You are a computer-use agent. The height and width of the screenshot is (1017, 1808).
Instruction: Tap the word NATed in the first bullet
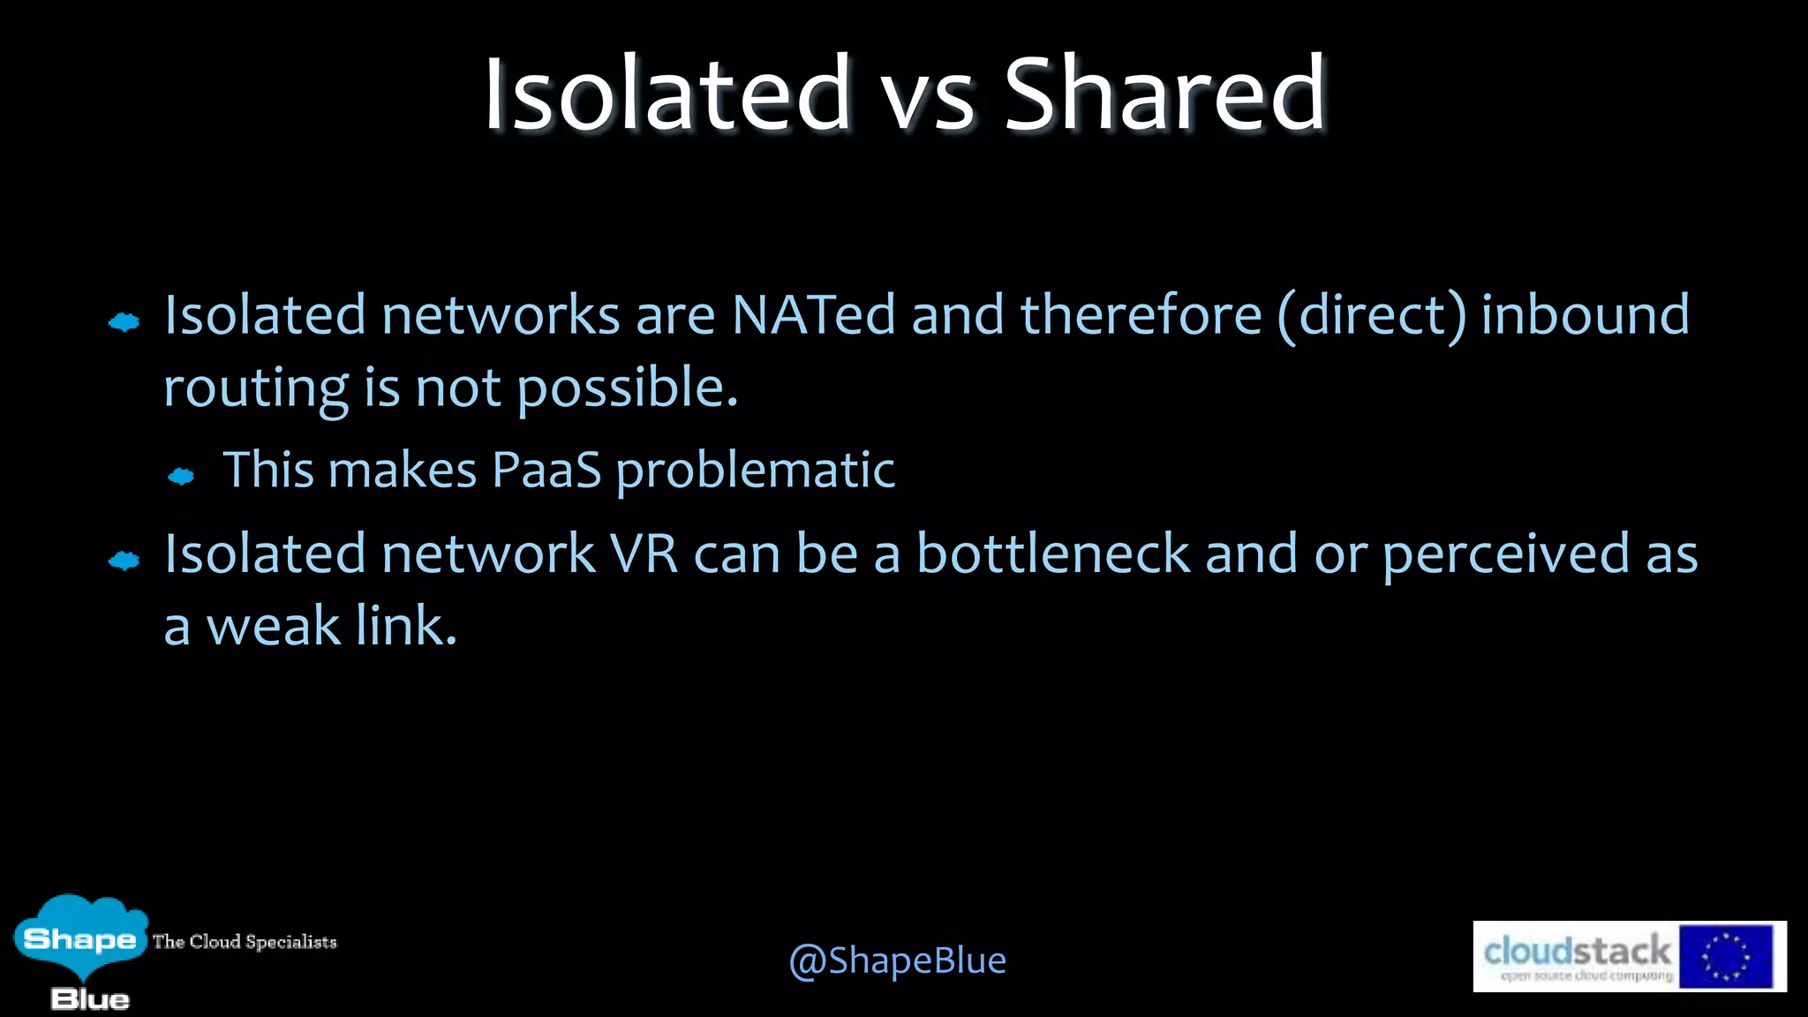tap(813, 315)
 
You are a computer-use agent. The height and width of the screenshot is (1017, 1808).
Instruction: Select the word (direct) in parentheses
tap(1372, 315)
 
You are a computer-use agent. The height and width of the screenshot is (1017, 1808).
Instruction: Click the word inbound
tap(1585, 315)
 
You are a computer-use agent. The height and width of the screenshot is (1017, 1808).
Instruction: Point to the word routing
tap(256, 388)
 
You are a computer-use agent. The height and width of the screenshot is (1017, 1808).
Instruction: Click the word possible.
tap(627, 388)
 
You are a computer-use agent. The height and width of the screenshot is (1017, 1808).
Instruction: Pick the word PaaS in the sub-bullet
tap(546, 470)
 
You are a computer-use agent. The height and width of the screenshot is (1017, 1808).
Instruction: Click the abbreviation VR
tap(644, 554)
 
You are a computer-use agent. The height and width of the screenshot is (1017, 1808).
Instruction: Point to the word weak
tap(273, 627)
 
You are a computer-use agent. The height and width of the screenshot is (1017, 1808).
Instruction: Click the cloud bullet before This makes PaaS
tap(181, 477)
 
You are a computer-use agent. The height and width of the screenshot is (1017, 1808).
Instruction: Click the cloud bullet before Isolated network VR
tap(124, 561)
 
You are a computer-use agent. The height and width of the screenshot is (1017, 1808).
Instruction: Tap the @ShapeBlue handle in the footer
tap(897, 960)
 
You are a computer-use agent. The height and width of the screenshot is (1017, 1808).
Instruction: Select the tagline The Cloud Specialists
tap(245, 942)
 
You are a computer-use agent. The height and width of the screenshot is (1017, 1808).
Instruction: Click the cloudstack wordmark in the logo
tap(1577, 952)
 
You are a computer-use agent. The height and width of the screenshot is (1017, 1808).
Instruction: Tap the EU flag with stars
tap(1725, 957)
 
